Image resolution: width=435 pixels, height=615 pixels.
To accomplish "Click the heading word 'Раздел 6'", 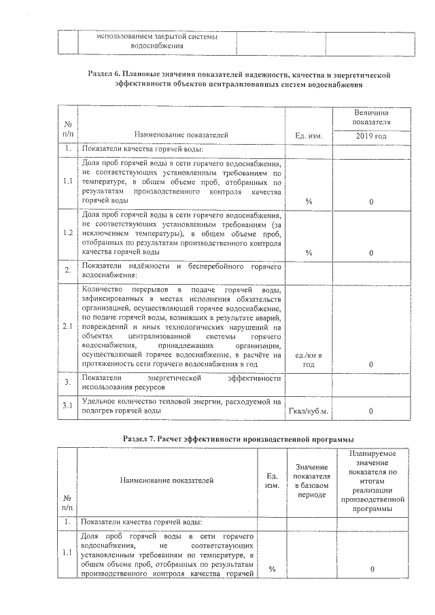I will [x=105, y=73].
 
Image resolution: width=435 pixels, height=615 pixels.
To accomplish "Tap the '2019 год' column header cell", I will [x=371, y=136].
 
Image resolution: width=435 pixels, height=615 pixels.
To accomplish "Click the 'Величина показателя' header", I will [x=371, y=116].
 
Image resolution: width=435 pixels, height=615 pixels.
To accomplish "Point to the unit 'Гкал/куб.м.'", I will [x=309, y=410].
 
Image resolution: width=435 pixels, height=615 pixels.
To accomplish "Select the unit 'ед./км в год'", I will [x=309, y=360].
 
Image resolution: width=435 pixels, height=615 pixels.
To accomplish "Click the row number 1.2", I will [x=67, y=232].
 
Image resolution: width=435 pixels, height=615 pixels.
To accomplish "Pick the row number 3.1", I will [x=67, y=406].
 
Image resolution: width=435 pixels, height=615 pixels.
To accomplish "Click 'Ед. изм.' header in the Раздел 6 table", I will [x=309, y=136].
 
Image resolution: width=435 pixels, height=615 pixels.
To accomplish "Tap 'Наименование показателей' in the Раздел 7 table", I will [x=167, y=480].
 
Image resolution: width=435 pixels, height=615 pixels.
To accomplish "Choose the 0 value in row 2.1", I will [x=371, y=365].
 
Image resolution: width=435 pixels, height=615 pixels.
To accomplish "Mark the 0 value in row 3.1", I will [x=371, y=410].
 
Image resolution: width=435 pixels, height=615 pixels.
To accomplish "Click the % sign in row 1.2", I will [x=309, y=252].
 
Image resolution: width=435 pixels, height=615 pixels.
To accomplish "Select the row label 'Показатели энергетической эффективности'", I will [x=181, y=381].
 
